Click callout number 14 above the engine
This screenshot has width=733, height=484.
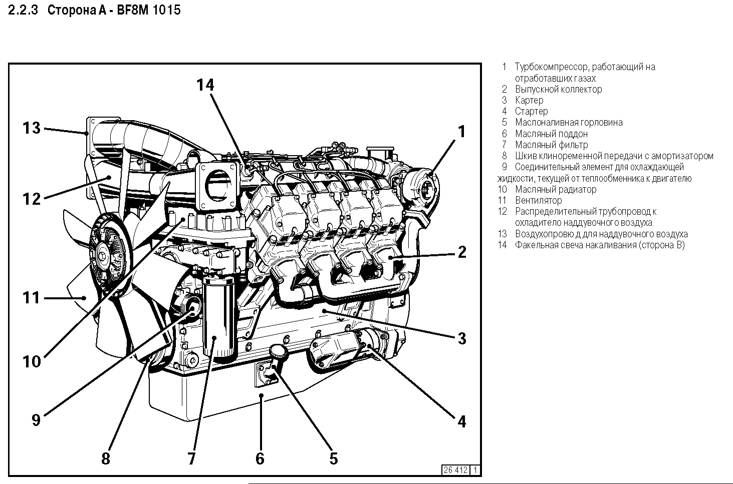pos(205,85)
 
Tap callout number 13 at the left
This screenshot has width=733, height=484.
pos(31,128)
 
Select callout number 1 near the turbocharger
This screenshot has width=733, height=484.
pos(461,132)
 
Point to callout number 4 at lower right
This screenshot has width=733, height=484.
pos(461,421)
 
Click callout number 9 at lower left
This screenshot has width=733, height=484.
pos(36,419)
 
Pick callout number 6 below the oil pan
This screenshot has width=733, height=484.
pos(260,458)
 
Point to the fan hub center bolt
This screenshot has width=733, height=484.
pos(103,257)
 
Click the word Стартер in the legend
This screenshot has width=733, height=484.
pos(531,111)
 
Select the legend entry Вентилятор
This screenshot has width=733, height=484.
pos(538,200)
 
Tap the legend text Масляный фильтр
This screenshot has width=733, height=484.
pos(551,145)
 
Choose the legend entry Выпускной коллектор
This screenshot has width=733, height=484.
pos(558,89)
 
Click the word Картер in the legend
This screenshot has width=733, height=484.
pos(529,100)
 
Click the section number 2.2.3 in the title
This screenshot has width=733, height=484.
pos(24,10)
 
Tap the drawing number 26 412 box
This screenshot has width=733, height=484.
pos(455,470)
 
